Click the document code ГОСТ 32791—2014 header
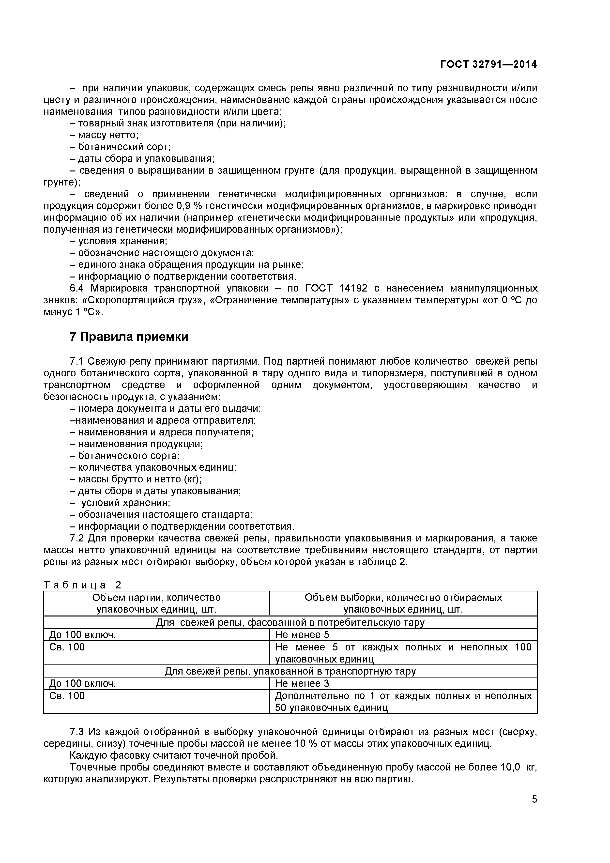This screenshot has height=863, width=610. tap(488, 64)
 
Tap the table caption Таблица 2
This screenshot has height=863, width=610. tap(83, 585)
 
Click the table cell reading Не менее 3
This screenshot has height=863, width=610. tap(302, 683)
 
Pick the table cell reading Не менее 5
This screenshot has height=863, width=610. tap(302, 634)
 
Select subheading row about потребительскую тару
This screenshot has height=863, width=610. tap(290, 622)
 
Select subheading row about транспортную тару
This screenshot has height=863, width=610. tap(290, 671)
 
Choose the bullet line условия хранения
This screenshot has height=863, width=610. tap(119, 241)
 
